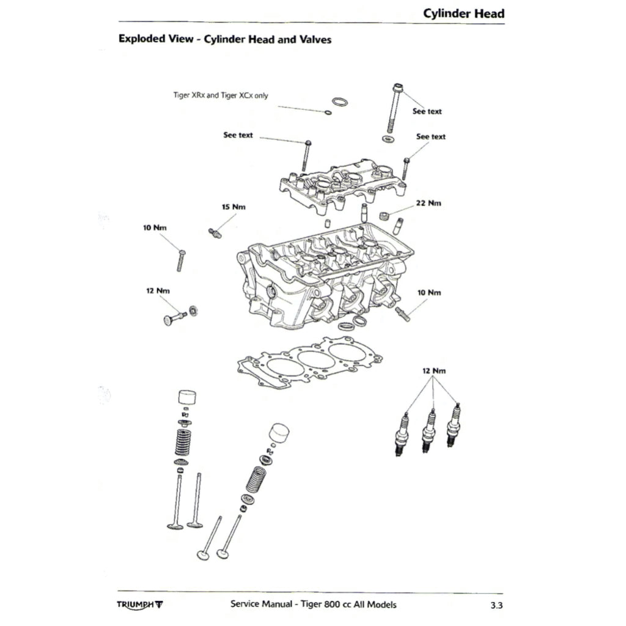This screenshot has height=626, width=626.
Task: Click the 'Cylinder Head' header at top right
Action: pyautogui.click(x=464, y=13)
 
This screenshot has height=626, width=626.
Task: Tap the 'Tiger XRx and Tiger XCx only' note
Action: pyautogui.click(x=221, y=95)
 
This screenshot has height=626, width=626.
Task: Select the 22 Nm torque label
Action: pyautogui.click(x=428, y=203)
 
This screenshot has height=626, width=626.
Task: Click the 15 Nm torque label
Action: pyautogui.click(x=234, y=207)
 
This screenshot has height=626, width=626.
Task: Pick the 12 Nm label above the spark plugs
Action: pyautogui.click(x=434, y=371)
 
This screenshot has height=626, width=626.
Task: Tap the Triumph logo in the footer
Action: pyautogui.click(x=140, y=605)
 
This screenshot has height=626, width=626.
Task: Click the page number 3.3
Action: pyautogui.click(x=496, y=606)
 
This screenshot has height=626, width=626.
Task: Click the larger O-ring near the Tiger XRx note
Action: pyautogui.click(x=341, y=101)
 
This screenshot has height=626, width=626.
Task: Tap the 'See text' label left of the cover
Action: pyautogui.click(x=238, y=135)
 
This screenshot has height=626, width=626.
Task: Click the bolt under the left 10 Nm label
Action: pyautogui.click(x=182, y=260)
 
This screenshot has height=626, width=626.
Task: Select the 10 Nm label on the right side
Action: pyautogui.click(x=429, y=293)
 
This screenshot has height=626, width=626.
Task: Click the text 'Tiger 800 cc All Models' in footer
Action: pyautogui.click(x=347, y=605)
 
